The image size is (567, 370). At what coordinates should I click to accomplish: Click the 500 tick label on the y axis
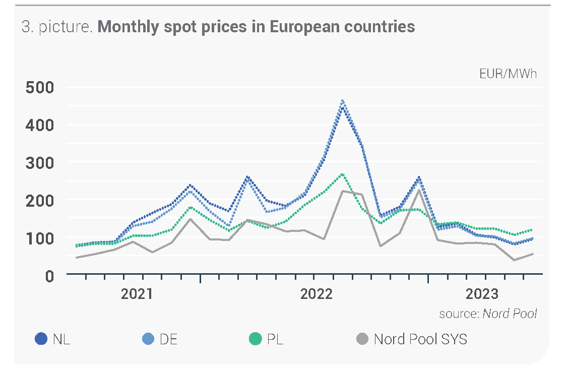(x=39, y=87)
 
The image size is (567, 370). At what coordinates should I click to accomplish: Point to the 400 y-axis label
(x=39, y=125)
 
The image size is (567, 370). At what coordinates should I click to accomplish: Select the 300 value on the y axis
(x=39, y=162)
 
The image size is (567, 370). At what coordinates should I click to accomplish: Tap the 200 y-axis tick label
(x=39, y=200)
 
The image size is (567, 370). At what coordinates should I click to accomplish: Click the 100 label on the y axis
(x=39, y=237)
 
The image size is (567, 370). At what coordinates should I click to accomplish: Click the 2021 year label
(x=137, y=294)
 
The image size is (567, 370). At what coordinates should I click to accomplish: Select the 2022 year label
(x=317, y=294)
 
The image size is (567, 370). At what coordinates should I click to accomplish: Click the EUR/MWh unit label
(x=508, y=74)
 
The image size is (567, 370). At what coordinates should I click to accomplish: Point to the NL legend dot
(x=41, y=339)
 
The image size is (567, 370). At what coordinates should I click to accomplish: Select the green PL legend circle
(x=256, y=339)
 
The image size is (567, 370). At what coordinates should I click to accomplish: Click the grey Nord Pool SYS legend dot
(x=362, y=339)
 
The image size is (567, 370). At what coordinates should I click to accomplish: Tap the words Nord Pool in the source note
(x=510, y=314)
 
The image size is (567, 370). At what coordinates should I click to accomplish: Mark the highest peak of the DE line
(x=342, y=100)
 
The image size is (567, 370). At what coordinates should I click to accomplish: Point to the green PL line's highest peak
(x=342, y=174)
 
